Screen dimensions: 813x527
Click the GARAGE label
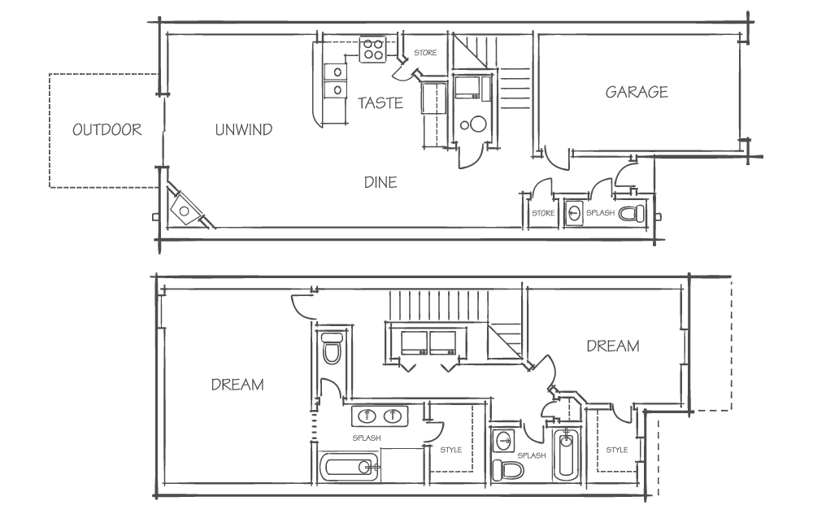tap(637, 92)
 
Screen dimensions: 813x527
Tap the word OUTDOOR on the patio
tap(107, 129)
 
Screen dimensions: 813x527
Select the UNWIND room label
tap(244, 129)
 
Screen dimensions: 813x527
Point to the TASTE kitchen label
tap(380, 102)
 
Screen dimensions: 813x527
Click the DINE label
tap(380, 182)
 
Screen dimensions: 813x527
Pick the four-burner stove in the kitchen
tap(373, 50)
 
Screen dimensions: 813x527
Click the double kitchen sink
tap(335, 81)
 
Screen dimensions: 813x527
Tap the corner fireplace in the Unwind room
tap(185, 209)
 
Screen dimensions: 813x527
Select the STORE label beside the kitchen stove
tap(425, 52)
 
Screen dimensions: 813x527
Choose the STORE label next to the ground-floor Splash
tap(543, 213)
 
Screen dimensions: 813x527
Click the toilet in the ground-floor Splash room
tap(632, 213)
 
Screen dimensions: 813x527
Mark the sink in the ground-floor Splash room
tap(573, 212)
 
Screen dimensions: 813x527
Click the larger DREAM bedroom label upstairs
tap(237, 385)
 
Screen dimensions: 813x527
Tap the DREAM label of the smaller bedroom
tap(613, 346)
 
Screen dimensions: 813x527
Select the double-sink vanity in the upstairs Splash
tap(380, 416)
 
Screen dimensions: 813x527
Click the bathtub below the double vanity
tap(349, 468)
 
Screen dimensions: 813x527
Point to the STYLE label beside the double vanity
tap(450, 450)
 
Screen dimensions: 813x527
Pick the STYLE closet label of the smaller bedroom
tap(617, 450)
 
